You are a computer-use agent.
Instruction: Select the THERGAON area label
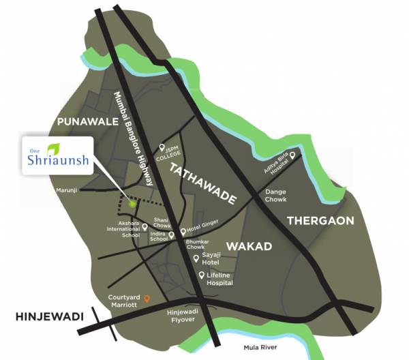tap(320, 221)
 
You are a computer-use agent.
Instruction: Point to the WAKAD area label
tap(249, 245)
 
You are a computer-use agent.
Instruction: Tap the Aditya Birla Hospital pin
tap(292, 155)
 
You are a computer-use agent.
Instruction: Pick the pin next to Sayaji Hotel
tap(196, 258)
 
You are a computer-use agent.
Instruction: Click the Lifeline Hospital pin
tap(202, 275)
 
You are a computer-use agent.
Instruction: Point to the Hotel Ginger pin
tap(182, 232)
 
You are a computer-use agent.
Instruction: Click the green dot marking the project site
tap(133, 203)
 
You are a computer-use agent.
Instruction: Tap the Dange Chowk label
tap(275, 196)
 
